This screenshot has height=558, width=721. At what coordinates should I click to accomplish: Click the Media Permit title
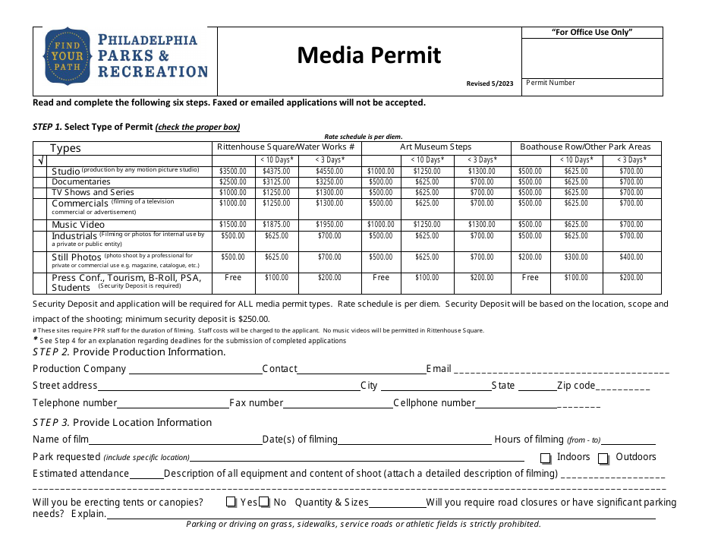click(369, 55)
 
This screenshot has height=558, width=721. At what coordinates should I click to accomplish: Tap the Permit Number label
click(551, 83)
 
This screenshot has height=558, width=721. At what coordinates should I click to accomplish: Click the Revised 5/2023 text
click(490, 84)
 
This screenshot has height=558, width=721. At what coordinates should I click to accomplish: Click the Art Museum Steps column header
click(436, 147)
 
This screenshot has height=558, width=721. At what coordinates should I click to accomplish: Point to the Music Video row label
click(78, 225)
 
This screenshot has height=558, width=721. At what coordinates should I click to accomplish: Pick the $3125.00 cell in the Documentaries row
click(276, 182)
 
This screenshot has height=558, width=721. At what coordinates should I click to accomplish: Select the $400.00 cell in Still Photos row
click(631, 257)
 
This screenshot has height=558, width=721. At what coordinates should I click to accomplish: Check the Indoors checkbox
click(546, 459)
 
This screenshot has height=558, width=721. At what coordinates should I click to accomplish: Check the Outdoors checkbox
click(603, 459)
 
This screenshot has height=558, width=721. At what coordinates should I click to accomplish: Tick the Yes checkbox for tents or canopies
click(231, 503)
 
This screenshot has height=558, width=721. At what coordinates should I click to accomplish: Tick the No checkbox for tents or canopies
click(264, 503)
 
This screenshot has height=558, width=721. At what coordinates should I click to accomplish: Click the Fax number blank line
click(338, 405)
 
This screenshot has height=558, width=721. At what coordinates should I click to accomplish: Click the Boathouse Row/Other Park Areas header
click(585, 147)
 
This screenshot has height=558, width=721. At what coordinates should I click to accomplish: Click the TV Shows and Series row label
click(93, 193)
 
